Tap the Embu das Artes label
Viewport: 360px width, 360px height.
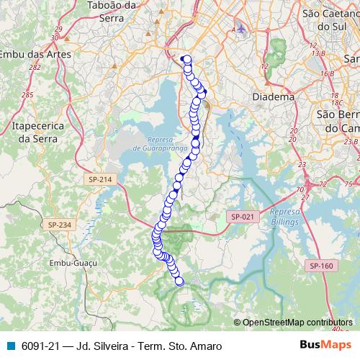point(32,54)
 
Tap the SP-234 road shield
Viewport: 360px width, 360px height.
point(61,225)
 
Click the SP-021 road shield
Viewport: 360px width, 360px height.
point(241,216)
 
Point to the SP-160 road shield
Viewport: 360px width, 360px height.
point(321,266)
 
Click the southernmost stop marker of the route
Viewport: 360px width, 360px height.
point(179,282)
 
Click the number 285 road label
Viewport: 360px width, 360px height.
point(27,94)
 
